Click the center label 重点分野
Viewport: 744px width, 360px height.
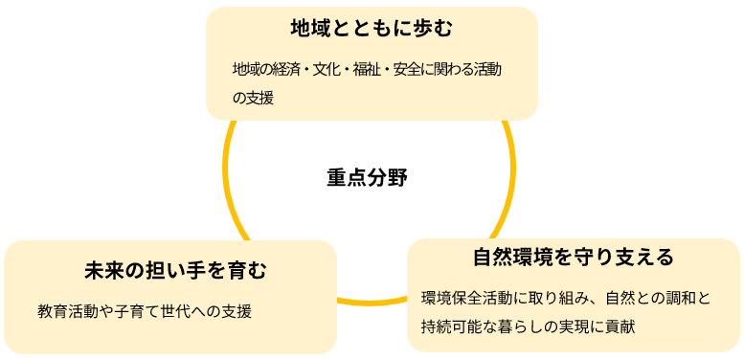tap(366, 178)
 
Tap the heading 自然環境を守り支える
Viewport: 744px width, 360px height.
tap(574, 257)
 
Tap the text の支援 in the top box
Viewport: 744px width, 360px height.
tap(253, 97)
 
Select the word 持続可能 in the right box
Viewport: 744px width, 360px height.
tap(450, 326)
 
